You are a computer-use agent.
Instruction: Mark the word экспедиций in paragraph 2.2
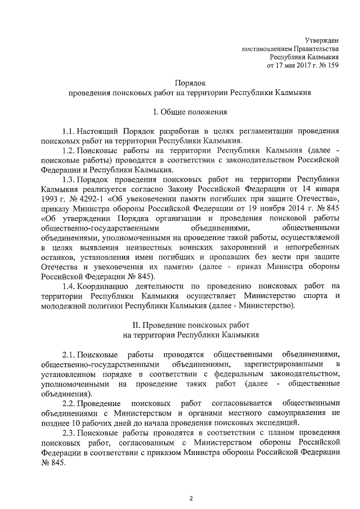pyautogui.click(x=280, y=422)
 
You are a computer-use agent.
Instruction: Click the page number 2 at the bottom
pyautogui.click(x=191, y=498)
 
